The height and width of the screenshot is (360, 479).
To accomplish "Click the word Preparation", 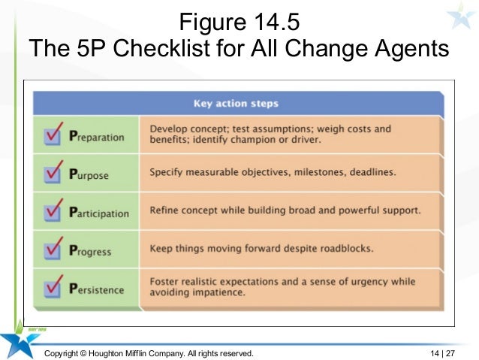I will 96,138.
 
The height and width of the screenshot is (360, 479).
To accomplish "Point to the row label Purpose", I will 89,175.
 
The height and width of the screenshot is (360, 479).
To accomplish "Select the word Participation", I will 98,213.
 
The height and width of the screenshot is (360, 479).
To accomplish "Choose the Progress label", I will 91,252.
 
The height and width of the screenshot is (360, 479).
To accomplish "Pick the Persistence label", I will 96,289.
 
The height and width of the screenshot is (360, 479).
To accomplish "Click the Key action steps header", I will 236,104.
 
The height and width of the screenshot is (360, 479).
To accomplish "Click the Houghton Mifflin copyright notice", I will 149,352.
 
